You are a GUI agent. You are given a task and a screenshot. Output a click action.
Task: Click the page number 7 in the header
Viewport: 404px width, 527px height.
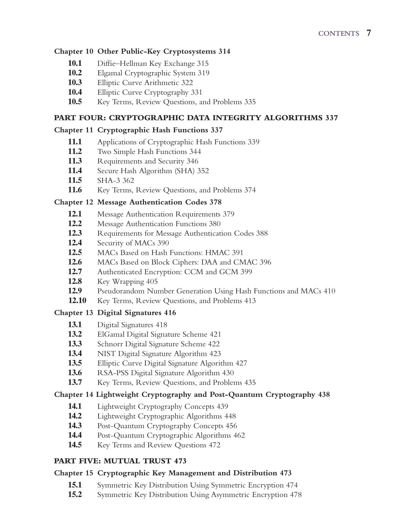369,33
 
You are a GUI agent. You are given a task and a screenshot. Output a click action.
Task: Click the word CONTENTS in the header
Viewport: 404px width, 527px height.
339,33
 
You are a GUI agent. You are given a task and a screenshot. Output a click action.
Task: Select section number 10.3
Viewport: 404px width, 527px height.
75,83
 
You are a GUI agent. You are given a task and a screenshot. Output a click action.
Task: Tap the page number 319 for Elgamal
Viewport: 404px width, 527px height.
203,73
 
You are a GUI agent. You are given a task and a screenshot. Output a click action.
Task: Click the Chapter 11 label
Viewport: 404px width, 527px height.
74,130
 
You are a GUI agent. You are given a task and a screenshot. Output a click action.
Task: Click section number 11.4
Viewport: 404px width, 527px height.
75,171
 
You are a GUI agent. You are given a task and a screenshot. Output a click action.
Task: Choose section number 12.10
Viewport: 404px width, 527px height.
77,300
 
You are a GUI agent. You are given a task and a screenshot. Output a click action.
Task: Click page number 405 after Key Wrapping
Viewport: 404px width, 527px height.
152,281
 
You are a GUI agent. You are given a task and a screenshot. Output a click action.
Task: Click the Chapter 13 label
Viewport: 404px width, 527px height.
74,313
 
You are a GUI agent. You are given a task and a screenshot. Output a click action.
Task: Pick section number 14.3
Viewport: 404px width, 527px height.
75,426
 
